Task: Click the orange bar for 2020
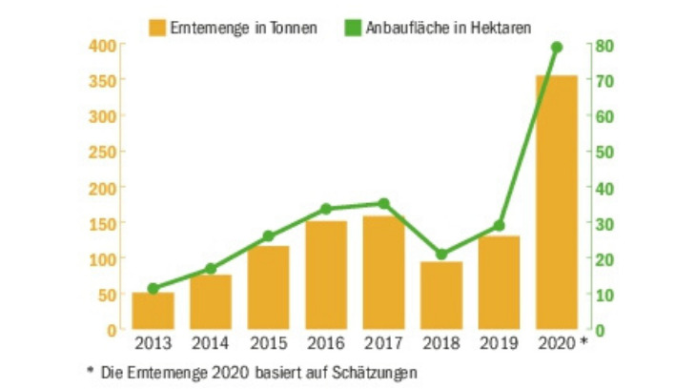pyautogui.click(x=557, y=201)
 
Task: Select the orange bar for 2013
pyautogui.click(x=153, y=311)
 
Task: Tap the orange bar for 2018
pyautogui.click(x=441, y=296)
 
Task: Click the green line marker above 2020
pyautogui.click(x=557, y=47)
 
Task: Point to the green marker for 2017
pyautogui.click(x=383, y=203)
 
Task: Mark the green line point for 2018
pyautogui.click(x=441, y=255)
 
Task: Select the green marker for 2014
pyautogui.click(x=211, y=269)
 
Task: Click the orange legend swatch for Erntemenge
pyautogui.click(x=157, y=25)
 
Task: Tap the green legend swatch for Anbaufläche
pyautogui.click(x=353, y=25)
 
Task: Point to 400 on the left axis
pyautogui.click(x=103, y=46)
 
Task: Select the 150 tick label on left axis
pyautogui.click(x=103, y=223)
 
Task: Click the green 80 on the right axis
pyautogui.click(x=604, y=46)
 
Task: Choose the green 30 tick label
pyautogui.click(x=604, y=223)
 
